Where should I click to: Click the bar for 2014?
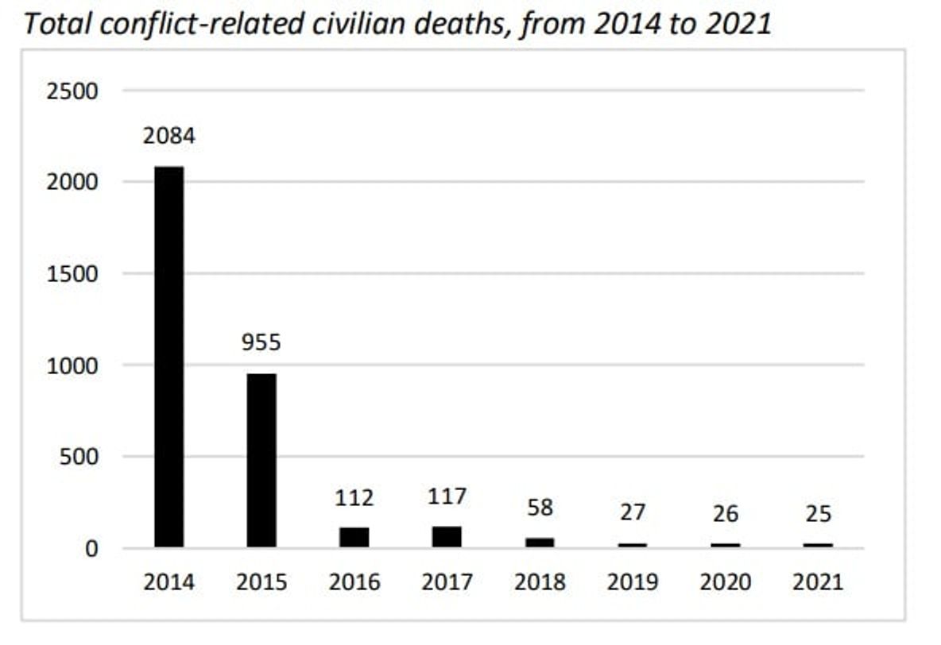click(168, 357)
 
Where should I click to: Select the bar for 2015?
click(261, 461)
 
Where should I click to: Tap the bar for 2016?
click(354, 538)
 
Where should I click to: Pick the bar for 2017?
click(447, 537)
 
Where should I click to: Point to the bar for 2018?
click(540, 543)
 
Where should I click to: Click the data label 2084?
click(168, 136)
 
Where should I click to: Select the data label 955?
click(261, 343)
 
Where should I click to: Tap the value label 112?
click(354, 498)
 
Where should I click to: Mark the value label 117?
click(447, 497)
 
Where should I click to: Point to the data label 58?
click(540, 508)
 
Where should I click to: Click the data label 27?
click(633, 513)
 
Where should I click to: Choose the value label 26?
click(725, 514)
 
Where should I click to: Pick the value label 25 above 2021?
click(818, 514)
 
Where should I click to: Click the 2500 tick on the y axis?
click(72, 91)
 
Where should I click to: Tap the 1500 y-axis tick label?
click(72, 274)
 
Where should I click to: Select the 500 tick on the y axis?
click(79, 458)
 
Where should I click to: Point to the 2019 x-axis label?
click(633, 582)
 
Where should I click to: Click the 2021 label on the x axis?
click(818, 582)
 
